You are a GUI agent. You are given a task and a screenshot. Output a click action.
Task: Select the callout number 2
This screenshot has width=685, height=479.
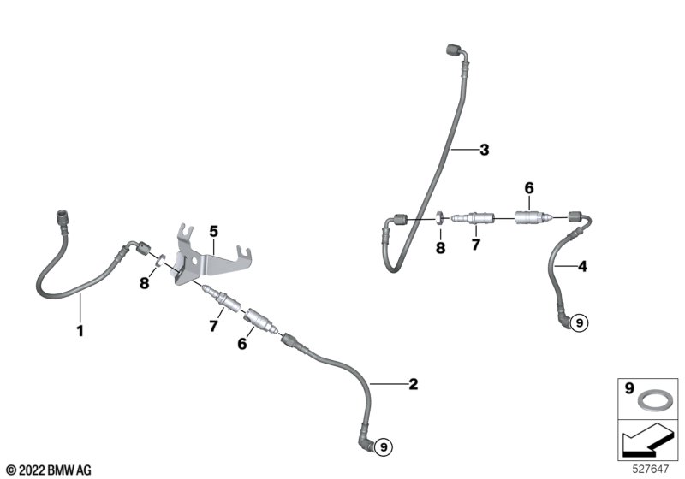click(413, 384)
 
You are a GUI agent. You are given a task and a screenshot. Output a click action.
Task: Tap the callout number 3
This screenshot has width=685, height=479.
click(484, 151)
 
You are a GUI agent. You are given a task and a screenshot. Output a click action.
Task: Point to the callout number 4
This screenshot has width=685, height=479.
click(582, 267)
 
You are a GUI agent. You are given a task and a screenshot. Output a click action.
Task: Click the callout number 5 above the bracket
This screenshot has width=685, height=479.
click(213, 230)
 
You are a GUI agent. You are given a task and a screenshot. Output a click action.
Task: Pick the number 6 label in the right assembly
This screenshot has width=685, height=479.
click(528, 188)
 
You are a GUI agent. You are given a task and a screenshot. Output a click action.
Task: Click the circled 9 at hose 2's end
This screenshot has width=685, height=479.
click(384, 445)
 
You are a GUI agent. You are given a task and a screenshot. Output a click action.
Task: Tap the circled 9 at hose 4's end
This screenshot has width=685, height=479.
click(579, 322)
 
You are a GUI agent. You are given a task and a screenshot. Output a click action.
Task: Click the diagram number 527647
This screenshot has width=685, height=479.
click(652, 469)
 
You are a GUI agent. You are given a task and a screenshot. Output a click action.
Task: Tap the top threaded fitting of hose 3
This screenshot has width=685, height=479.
click(453, 50)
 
